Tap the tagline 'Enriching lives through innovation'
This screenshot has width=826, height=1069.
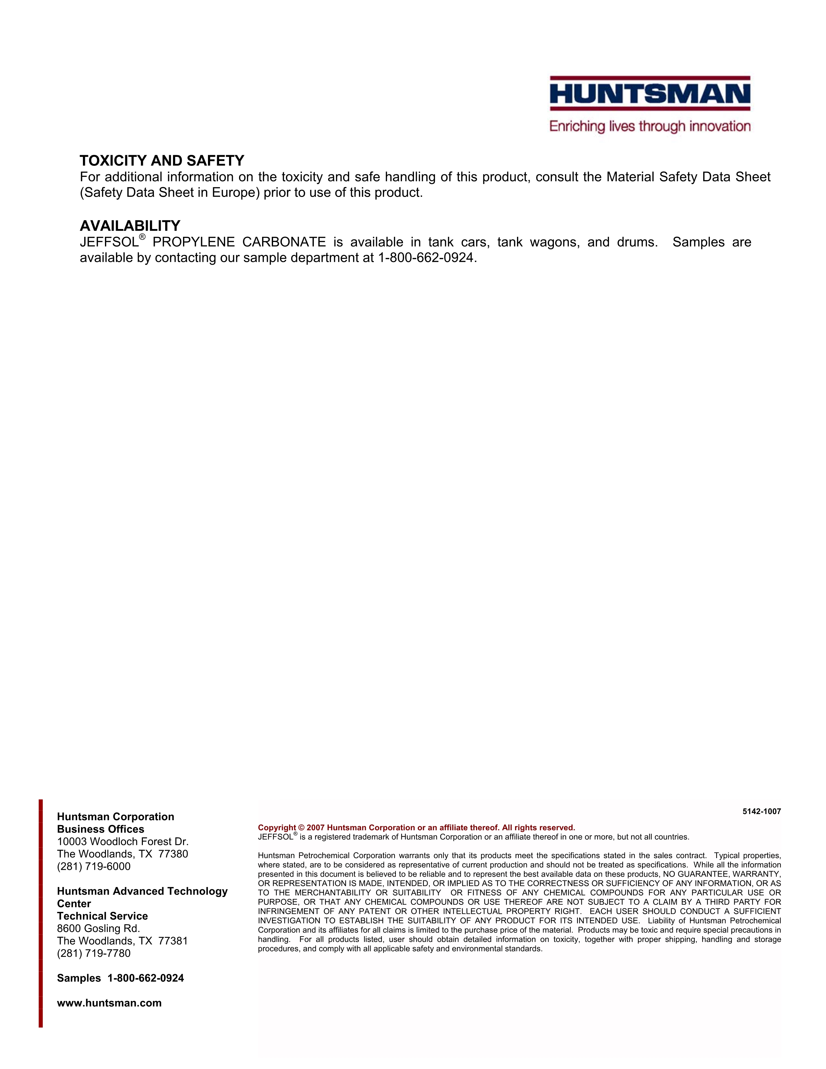(650, 126)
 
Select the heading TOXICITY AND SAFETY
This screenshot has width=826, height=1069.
(162, 161)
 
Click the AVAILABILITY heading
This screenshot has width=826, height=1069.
(130, 226)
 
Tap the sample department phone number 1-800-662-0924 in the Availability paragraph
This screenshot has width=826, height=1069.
(426, 258)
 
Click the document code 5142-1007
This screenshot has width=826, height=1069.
(762, 811)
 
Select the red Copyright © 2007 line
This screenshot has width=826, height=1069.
(417, 828)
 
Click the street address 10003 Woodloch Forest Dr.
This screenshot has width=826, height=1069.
(123, 841)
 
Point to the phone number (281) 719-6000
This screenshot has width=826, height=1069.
(94, 866)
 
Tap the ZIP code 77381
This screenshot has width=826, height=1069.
(173, 941)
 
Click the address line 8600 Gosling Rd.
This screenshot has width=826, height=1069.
(99, 928)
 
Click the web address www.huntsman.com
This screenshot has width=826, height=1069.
(109, 1003)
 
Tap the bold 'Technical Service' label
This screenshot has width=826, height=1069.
(102, 916)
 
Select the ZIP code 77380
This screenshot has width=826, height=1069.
(173, 854)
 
